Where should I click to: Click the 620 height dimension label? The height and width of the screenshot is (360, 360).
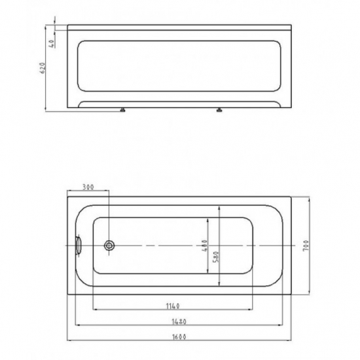(43, 68)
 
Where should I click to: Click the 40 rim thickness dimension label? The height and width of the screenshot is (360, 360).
(52, 44)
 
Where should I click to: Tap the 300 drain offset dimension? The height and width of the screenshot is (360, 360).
(88, 187)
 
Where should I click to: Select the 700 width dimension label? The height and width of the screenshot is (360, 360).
(306, 245)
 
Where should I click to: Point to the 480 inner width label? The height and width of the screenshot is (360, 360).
(205, 245)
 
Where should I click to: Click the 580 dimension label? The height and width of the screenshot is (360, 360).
(217, 257)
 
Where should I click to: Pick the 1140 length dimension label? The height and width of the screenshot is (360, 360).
(173, 306)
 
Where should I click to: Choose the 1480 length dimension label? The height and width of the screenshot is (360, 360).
(179, 322)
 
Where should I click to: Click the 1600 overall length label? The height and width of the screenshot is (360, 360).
(179, 337)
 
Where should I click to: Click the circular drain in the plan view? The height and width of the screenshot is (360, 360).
(109, 245)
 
